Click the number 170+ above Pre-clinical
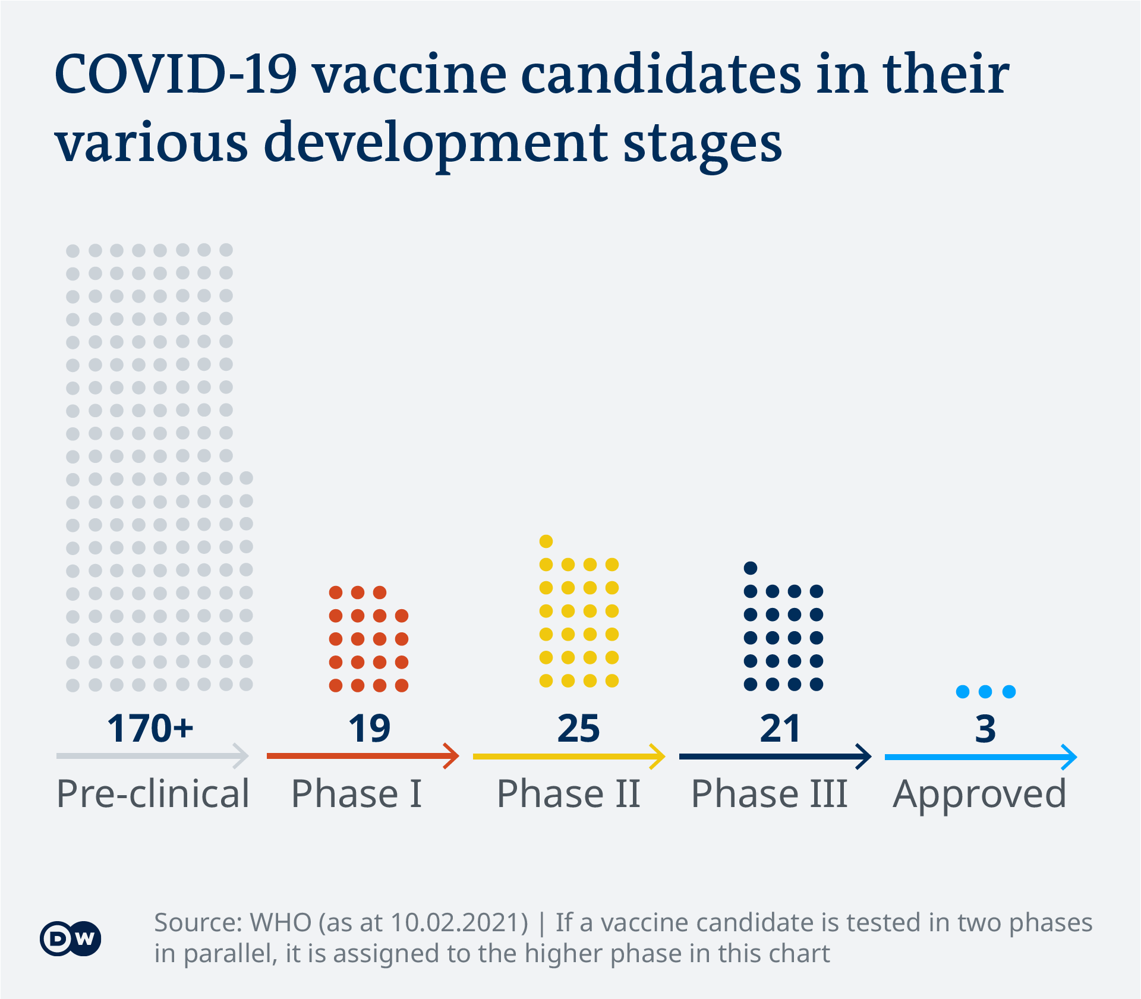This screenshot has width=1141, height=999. [x=150, y=729]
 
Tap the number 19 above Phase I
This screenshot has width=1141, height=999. [x=369, y=729]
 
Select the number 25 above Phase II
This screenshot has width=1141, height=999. [x=578, y=729]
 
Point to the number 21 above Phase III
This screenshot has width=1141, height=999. [x=780, y=729]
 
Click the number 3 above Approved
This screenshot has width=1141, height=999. [x=985, y=729]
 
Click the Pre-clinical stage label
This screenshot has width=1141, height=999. [x=153, y=794]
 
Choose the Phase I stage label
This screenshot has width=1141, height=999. [x=356, y=794]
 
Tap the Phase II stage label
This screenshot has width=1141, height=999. [x=568, y=794]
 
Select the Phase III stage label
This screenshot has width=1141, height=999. [x=769, y=794]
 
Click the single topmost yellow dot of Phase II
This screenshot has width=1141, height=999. [x=546, y=541]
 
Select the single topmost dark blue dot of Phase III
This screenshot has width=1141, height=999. [x=751, y=568]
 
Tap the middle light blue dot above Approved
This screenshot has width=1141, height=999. [x=985, y=692]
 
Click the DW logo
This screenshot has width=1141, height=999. [x=70, y=939]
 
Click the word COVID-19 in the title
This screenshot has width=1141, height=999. [x=176, y=75]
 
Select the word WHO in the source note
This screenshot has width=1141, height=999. [x=280, y=923]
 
